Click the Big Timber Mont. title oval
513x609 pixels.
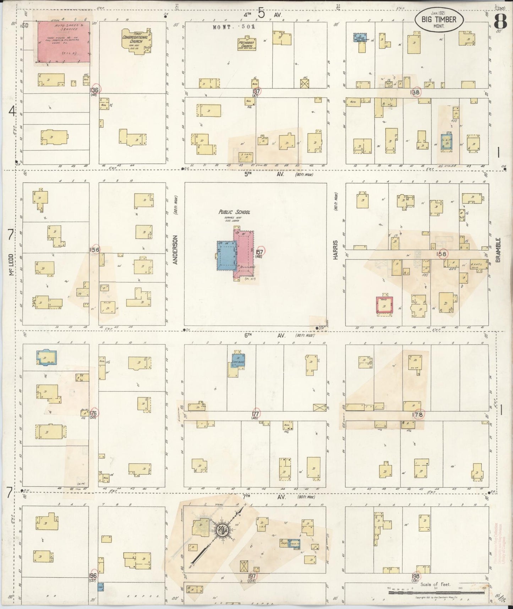439,20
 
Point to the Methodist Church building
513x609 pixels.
248,44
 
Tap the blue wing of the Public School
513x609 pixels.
227,255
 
